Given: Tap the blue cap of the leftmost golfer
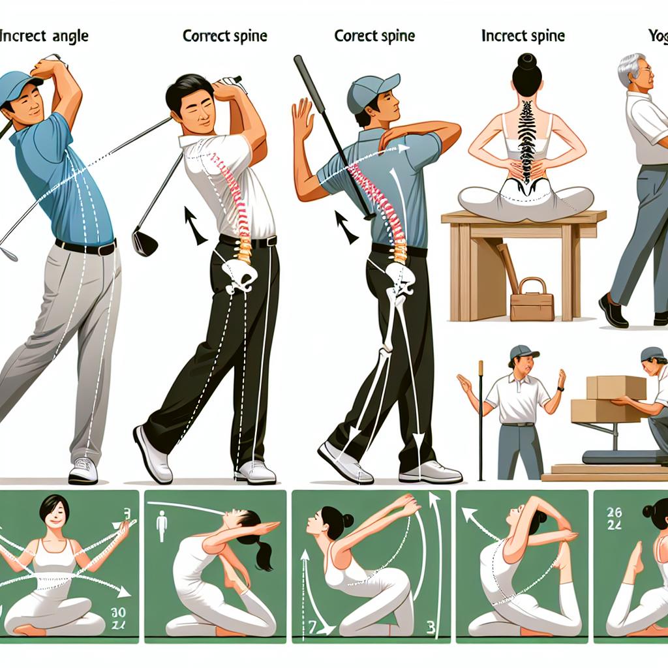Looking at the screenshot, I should (x=20, y=85).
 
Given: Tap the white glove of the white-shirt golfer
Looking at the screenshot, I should (x=229, y=84).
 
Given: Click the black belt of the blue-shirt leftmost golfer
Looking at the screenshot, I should (x=85, y=247).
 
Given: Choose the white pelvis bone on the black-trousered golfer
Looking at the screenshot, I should (x=239, y=274).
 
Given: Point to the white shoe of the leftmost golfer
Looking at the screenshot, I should (x=83, y=470).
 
